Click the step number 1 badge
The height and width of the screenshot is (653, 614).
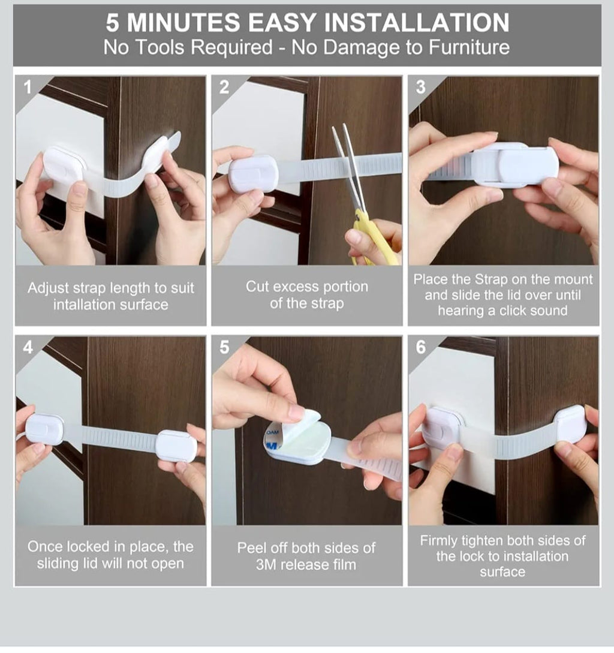28,88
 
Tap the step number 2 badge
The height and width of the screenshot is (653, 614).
224,88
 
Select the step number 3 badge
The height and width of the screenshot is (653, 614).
421,88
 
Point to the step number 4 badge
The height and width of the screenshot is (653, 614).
28,347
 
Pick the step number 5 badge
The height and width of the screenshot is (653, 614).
224,347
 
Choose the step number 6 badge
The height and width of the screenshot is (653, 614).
421,347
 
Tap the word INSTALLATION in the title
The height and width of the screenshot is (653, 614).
416,23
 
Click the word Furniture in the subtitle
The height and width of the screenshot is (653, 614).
469,47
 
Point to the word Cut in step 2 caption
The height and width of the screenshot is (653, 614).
257,287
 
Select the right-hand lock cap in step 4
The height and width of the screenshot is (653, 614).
176,446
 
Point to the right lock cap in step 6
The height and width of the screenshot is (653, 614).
571,424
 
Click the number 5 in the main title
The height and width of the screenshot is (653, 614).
112,23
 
